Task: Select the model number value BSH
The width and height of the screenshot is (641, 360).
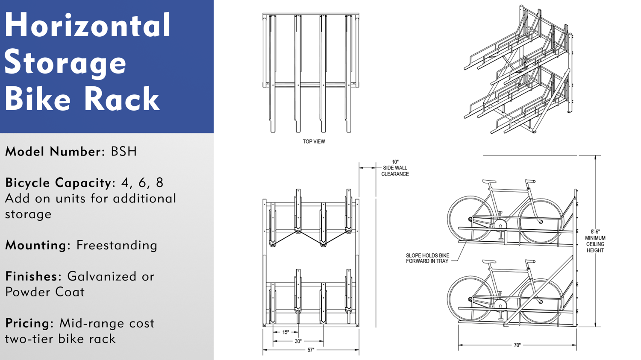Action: (x=123, y=152)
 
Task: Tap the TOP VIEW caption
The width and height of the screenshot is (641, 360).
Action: (x=314, y=141)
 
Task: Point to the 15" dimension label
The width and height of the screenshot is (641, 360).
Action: (x=285, y=332)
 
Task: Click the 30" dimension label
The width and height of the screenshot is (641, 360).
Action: (x=298, y=341)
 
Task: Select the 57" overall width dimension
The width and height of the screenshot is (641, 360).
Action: (x=311, y=350)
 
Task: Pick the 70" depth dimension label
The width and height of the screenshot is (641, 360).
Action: (x=517, y=345)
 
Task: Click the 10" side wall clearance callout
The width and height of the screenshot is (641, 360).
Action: (x=395, y=168)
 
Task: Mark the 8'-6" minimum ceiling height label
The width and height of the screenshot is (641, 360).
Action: (x=595, y=241)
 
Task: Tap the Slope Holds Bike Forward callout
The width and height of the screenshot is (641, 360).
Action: (x=427, y=258)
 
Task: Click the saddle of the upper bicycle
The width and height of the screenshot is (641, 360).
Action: (x=489, y=181)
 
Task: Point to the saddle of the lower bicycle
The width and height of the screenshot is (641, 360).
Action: (x=489, y=261)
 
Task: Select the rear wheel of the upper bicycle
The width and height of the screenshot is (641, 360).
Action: (x=470, y=219)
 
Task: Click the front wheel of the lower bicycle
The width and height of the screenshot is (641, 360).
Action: (x=541, y=301)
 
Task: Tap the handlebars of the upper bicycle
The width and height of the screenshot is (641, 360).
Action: (x=530, y=181)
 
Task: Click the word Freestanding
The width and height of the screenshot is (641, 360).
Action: (x=117, y=245)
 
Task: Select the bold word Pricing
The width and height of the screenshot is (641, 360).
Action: (x=29, y=323)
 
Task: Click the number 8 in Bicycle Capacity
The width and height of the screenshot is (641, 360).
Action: (x=159, y=183)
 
